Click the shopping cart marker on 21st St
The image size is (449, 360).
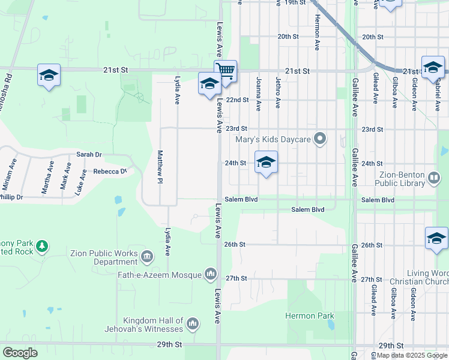(226, 71)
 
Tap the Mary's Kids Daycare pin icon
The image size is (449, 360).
(321, 139)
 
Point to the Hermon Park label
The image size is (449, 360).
(309, 315)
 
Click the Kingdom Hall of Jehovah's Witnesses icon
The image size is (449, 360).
(193, 325)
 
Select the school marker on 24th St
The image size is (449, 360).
(266, 162)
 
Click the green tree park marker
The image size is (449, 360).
(42, 246)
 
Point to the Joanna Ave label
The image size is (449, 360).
(259, 94)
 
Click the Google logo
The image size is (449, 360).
(20, 353)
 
